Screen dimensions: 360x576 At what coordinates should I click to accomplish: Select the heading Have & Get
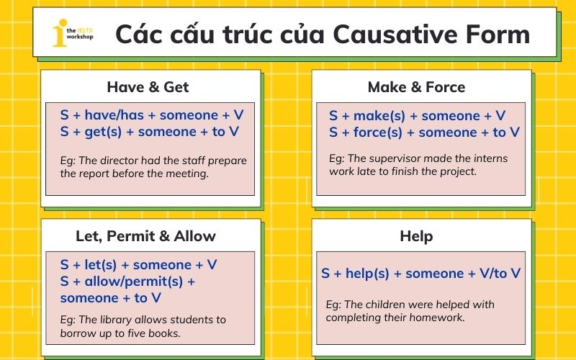coord(148,87)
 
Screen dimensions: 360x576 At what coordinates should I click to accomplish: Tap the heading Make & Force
coord(416,87)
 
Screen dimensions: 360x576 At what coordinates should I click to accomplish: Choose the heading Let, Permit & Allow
coord(145,236)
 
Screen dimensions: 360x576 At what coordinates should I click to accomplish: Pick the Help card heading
coord(416,236)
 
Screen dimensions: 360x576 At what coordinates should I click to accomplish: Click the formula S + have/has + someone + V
coord(152,115)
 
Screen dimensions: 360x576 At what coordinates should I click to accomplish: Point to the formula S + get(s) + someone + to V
coord(149,132)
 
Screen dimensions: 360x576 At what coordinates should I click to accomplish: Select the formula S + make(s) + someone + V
coord(417,116)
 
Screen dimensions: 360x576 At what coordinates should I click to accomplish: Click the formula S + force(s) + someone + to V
coord(424,132)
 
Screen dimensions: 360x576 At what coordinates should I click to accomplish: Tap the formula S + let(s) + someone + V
coord(138,265)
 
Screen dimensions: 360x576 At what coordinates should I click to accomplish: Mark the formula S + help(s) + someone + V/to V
coord(420,274)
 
